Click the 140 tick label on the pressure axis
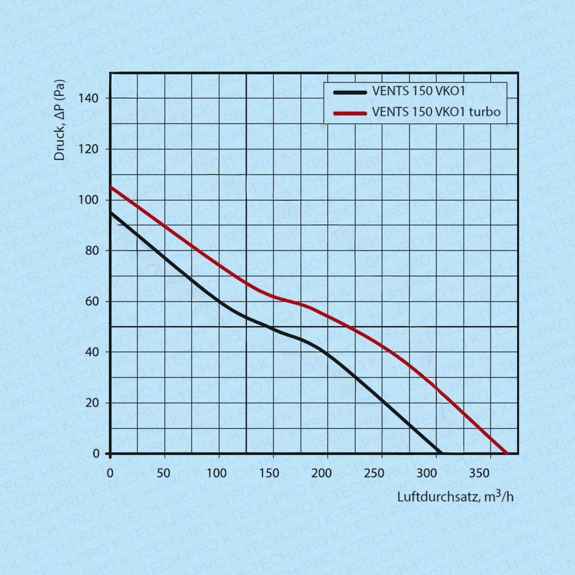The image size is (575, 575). pos(88,98)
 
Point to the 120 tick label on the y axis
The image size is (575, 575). pos(88,149)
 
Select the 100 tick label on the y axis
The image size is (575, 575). pos(88,200)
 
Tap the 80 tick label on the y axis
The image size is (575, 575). pos(92,251)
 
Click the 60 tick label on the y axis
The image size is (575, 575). pos(92,302)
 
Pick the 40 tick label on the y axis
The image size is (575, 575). pos(92,352)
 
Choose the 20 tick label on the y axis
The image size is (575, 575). pos(92,403)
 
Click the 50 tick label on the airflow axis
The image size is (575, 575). pos(164,473)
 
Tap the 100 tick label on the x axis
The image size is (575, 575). pos(216,473)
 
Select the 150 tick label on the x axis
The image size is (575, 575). pos(269,473)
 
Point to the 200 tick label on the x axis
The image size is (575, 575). pos(322,473)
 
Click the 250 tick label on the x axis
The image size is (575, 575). pos(374,473)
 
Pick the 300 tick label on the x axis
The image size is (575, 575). pos(427,473)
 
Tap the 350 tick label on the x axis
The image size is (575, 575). pos(480,473)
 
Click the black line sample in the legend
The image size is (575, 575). pos(350,92)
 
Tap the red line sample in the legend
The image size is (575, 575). pos(350,113)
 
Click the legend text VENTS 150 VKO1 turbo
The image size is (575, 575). pos(436,112)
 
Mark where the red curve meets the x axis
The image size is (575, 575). pos(507,453)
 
